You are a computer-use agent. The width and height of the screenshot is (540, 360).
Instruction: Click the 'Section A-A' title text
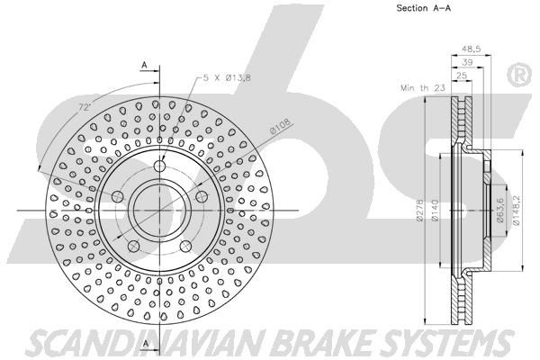(424, 8)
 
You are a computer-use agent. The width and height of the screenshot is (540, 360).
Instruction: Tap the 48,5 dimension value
(471, 49)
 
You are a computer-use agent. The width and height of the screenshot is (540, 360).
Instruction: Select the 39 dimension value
(467, 62)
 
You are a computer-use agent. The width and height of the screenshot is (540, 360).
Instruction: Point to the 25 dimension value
(462, 75)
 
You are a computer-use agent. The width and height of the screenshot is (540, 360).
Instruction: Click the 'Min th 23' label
(423, 88)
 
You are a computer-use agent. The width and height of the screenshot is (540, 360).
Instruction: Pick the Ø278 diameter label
(419, 210)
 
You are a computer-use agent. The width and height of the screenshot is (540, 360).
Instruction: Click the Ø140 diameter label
(435, 210)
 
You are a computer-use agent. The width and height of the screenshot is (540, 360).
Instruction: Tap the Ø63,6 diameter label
(500, 210)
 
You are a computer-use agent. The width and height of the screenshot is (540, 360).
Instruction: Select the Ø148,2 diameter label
(517, 210)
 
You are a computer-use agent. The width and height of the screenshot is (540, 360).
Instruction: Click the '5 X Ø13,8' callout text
(227, 77)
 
